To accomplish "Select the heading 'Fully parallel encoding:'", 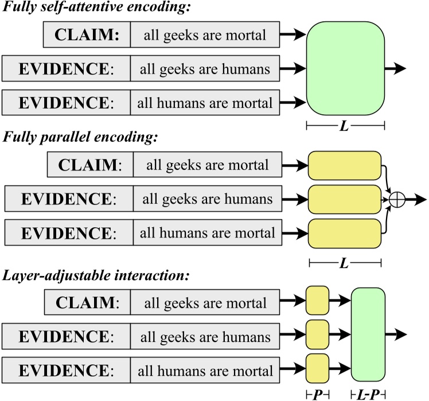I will pyautogui.click(x=80, y=138).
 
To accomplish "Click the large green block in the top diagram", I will pyautogui.click(x=345, y=68).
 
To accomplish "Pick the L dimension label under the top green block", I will pyautogui.click(x=344, y=125).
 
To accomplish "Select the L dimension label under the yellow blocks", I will pyautogui.click(x=345, y=263).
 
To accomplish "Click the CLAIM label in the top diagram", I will pyautogui.click(x=86, y=36).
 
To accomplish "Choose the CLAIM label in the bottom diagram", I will pyautogui.click(x=87, y=302).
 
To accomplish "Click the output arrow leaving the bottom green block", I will pyautogui.click(x=396, y=334).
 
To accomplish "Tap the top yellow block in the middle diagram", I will pyautogui.click(x=345, y=166).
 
